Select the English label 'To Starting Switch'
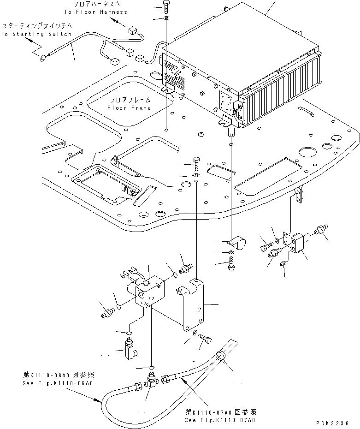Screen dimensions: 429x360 click(35, 34)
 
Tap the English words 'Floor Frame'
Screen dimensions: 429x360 click(129, 108)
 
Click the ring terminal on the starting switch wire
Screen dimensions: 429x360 click(43, 58)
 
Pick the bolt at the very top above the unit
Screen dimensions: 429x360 click(165, 7)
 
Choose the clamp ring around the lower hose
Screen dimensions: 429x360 click(221, 357)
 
